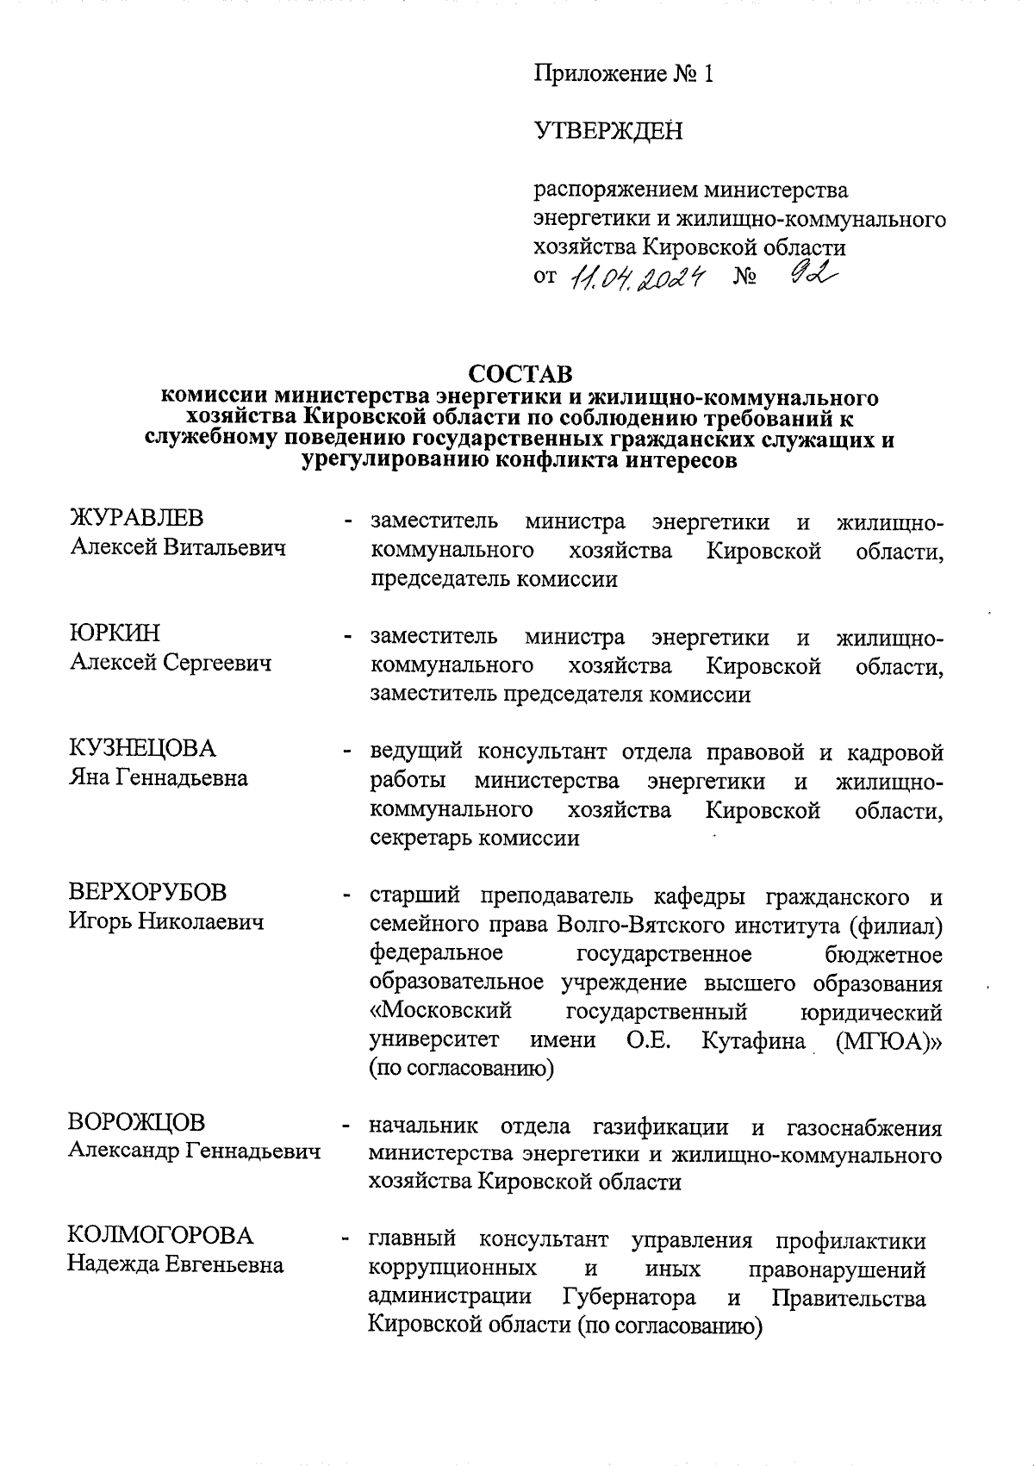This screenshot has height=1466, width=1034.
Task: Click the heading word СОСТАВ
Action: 520,375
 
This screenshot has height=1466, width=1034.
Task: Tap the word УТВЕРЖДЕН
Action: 607,131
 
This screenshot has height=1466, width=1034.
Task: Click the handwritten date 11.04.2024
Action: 637,278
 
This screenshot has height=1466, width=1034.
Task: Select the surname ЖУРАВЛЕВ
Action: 136,519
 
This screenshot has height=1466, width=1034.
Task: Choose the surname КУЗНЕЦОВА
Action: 142,748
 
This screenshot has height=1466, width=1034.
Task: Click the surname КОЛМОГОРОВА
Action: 161,1236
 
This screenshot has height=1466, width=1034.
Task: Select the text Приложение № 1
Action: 624,74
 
